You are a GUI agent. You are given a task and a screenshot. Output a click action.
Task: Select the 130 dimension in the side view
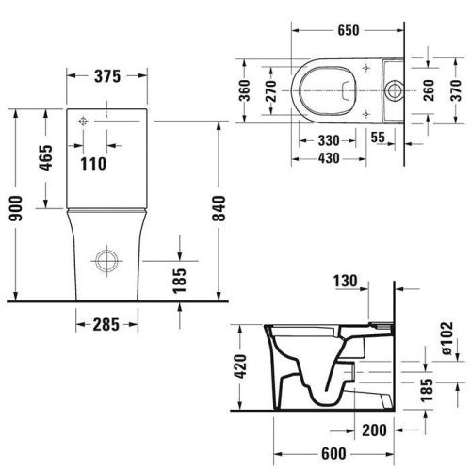click(347, 280)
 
